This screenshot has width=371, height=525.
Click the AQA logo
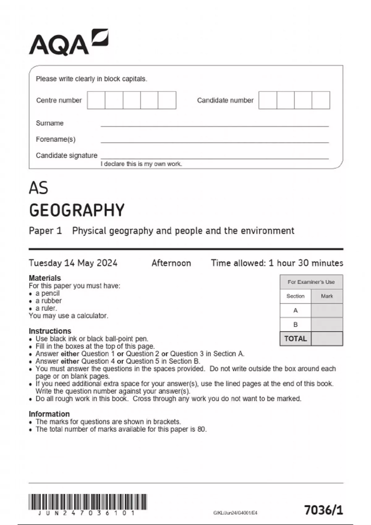(69, 43)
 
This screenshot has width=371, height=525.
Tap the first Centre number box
(96, 100)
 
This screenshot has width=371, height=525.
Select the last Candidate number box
(321, 100)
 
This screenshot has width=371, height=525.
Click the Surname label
(49, 123)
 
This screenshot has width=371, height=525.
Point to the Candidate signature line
(215, 158)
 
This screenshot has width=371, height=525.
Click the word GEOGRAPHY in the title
(77, 210)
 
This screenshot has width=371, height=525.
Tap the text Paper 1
(45, 231)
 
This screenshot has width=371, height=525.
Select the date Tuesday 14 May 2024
(73, 263)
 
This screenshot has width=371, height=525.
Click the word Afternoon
(171, 263)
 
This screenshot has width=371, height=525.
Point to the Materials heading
(45, 278)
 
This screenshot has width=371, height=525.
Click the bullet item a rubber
(49, 300)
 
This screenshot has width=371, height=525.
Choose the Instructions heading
(50, 331)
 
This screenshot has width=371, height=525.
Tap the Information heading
(49, 414)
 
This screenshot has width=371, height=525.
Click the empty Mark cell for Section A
(327, 310)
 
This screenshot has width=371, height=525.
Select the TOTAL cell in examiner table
(296, 339)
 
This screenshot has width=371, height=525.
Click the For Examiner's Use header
(311, 282)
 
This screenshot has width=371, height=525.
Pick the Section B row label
(296, 325)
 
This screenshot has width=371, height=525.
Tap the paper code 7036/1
(323, 510)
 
